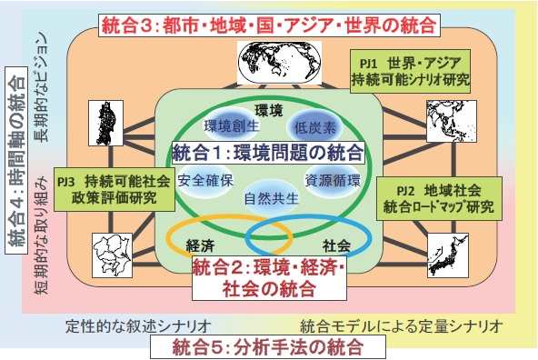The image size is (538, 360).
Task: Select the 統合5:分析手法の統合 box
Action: [x=269, y=345]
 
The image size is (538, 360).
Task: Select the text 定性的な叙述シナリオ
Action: [x=139, y=325]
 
